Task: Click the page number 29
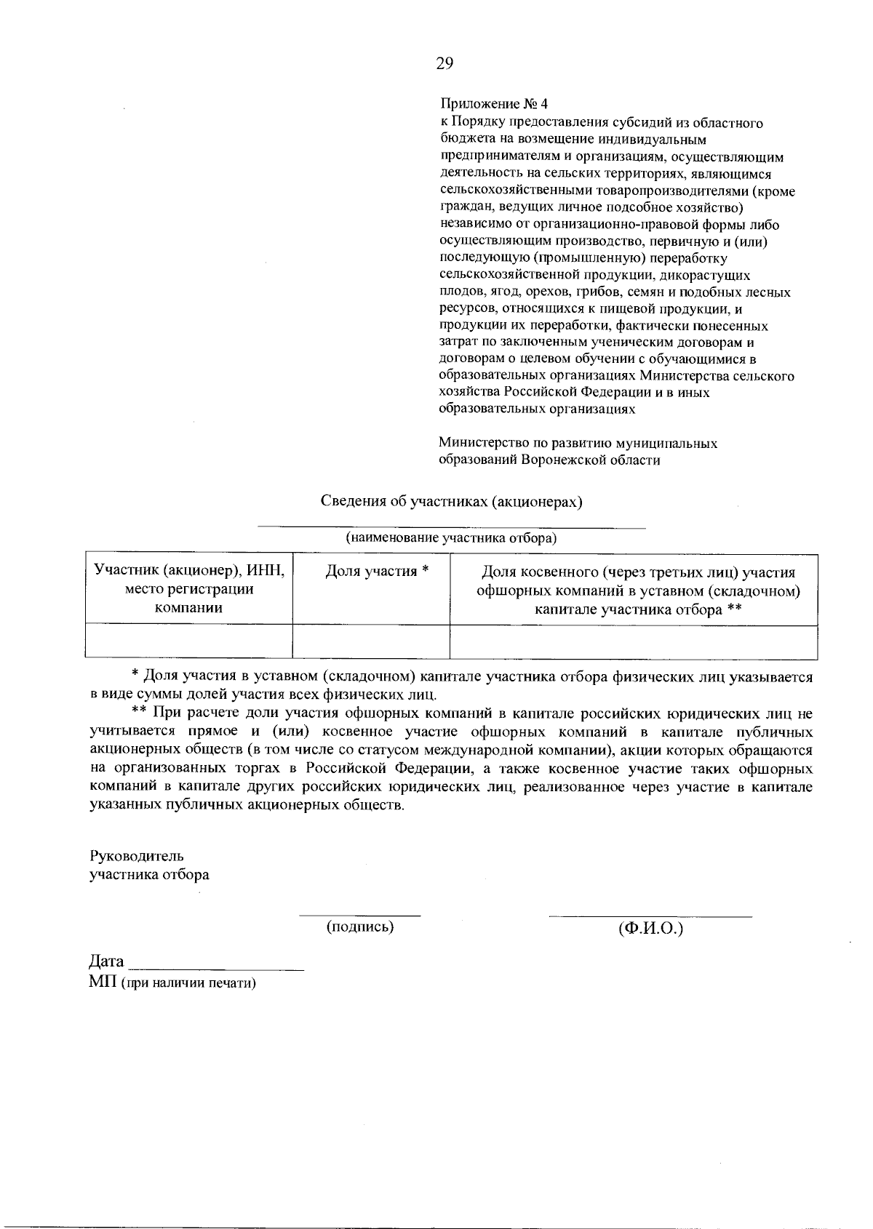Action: point(445,63)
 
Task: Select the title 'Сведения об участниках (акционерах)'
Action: point(452,502)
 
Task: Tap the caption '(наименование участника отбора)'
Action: point(451,538)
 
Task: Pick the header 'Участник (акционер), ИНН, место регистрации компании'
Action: point(189,589)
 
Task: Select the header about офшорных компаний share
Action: point(638,591)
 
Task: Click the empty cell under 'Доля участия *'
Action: point(371,641)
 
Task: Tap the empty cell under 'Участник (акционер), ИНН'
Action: point(189,641)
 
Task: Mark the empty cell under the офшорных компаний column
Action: point(634,641)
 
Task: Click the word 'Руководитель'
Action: point(136,856)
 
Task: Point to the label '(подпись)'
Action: point(360,926)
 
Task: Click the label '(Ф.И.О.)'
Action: point(650,929)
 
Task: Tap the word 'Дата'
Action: point(106,962)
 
